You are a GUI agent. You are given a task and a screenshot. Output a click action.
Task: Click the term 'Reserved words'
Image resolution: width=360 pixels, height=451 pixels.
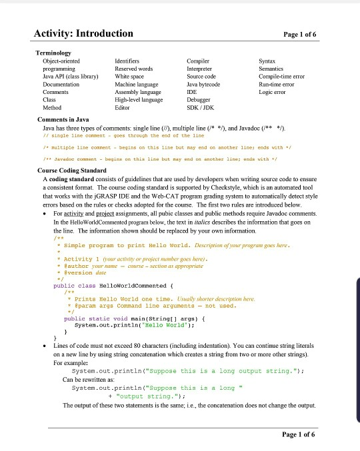click(x=133, y=68)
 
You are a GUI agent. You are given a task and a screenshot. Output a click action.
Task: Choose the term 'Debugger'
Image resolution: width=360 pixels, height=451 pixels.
click(x=201, y=100)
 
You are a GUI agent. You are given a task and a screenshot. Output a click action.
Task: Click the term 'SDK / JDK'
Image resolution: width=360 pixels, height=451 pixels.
click(x=203, y=108)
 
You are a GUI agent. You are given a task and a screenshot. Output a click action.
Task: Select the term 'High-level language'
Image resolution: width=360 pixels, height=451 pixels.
click(x=139, y=100)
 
